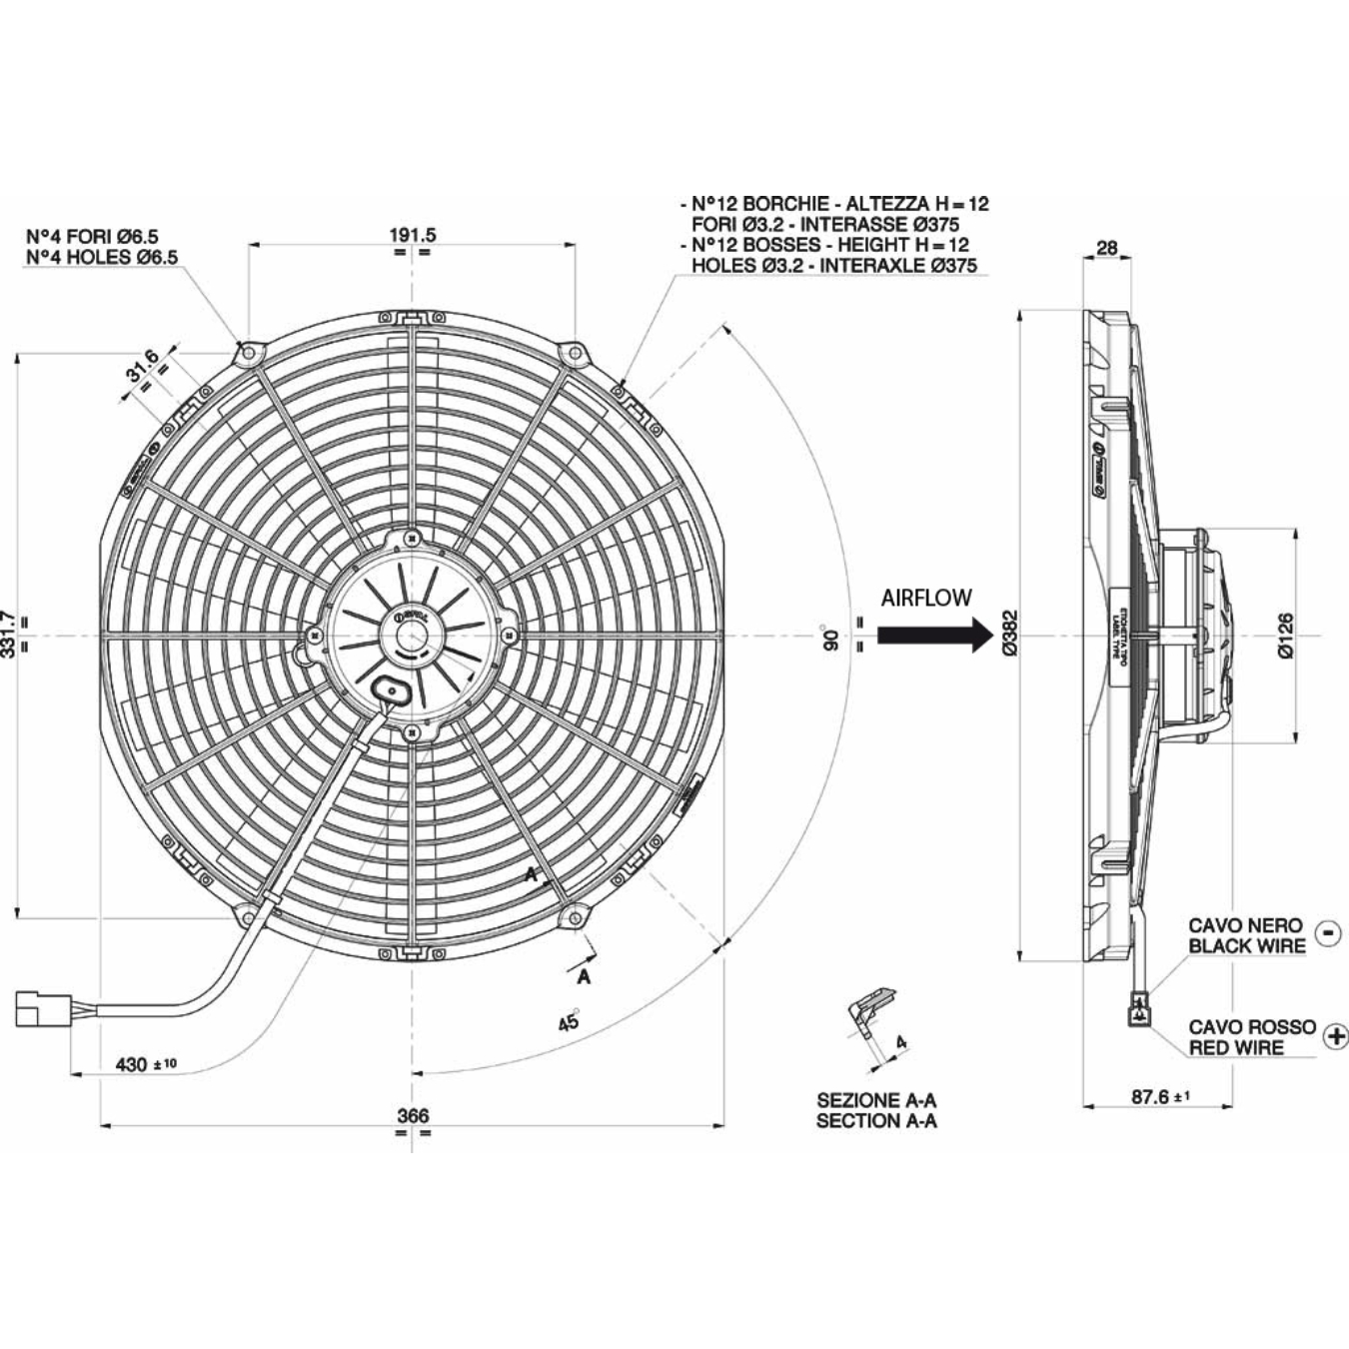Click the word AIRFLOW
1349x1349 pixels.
click(926, 598)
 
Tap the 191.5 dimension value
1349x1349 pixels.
click(413, 235)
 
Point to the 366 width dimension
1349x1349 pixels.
click(413, 1115)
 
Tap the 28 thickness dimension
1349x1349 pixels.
click(1107, 248)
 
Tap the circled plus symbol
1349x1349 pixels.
click(1335, 1036)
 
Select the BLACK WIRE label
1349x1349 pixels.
click(1247, 945)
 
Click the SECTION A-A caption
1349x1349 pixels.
click(876, 1121)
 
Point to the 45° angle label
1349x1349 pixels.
click(569, 1021)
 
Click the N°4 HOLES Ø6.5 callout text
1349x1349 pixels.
click(102, 257)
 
